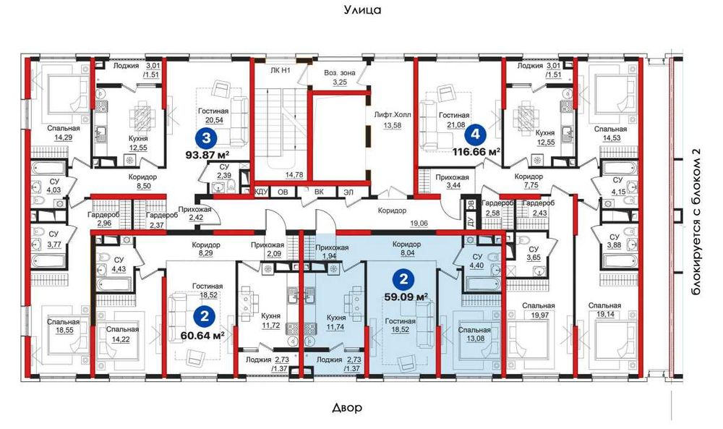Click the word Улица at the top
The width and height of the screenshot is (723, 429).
pyautogui.click(x=362, y=9)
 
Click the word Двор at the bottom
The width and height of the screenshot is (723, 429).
pyautogui.click(x=347, y=408)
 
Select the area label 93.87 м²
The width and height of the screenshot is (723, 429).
pyautogui.click(x=207, y=155)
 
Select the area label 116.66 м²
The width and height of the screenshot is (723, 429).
pyautogui.click(x=476, y=151)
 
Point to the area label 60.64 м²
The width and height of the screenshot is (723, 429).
pyautogui.click(x=203, y=334)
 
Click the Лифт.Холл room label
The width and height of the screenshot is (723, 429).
pyautogui.click(x=393, y=115)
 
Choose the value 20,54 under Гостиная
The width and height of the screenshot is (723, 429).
pyautogui.click(x=213, y=120)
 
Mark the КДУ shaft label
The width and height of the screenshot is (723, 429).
pyautogui.click(x=261, y=192)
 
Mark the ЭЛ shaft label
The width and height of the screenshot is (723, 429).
pyautogui.click(x=348, y=192)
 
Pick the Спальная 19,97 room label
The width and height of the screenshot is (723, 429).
pyautogui.click(x=539, y=310)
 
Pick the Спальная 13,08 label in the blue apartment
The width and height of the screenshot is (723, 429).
pyautogui.click(x=474, y=334)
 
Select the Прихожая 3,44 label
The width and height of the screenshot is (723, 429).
pyautogui.click(x=453, y=182)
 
